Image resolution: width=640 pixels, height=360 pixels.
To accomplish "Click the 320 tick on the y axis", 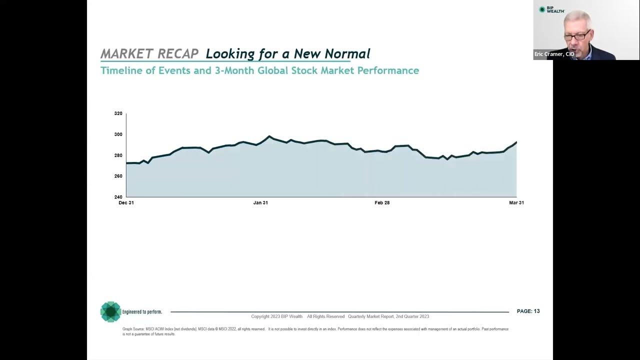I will (118, 113).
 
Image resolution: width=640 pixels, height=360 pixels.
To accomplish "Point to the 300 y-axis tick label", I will (118, 134).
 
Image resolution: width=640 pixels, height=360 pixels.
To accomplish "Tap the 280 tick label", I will (118, 155).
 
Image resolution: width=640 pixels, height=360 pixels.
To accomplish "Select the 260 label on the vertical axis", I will (118, 176).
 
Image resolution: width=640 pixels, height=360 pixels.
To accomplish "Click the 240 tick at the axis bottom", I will (118, 197).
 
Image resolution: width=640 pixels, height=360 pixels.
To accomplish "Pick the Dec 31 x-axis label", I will (126, 202).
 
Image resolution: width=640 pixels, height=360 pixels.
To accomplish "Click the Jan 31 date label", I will (260, 202).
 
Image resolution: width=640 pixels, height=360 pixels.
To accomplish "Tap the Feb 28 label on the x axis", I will (382, 202).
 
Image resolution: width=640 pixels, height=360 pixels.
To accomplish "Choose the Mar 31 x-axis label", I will (516, 202).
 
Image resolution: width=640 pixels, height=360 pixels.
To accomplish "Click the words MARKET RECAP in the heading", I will (149, 53).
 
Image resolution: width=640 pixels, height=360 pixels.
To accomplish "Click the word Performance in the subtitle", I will (388, 70).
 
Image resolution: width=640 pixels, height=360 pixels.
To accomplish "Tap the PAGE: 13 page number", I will (528, 311).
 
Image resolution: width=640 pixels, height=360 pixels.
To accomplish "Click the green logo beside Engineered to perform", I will (110, 311).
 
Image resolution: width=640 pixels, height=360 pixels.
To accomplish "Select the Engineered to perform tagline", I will (142, 312).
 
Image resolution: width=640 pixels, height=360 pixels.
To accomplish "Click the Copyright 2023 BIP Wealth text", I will (276, 316).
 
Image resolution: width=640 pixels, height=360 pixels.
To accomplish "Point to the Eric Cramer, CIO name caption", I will (554, 54).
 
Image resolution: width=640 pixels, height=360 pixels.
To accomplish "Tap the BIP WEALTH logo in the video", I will (551, 9).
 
